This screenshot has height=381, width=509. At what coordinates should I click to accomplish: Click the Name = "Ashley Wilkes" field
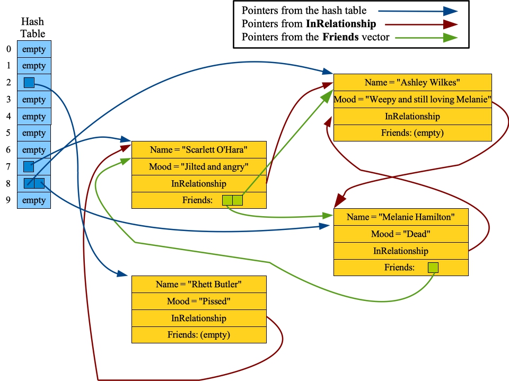pos(413,82)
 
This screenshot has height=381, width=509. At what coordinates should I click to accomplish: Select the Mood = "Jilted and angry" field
pos(199,166)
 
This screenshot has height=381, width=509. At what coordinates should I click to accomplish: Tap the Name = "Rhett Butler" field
pos(199,284)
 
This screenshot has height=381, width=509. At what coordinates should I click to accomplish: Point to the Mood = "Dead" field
pos(401,234)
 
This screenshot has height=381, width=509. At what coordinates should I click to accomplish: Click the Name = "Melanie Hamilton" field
pos(401,217)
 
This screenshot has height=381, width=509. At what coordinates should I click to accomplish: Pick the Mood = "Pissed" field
pos(199,301)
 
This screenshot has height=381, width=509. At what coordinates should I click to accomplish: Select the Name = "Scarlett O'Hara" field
pos(199,149)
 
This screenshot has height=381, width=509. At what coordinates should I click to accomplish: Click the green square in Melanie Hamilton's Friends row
pos(433,268)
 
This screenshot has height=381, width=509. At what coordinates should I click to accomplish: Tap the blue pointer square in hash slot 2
pos(29,83)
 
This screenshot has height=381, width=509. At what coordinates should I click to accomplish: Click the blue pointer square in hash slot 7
pos(29,166)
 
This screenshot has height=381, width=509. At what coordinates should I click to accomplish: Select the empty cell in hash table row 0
pos(34,49)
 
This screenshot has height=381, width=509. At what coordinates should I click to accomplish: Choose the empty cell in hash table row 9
pos(34,200)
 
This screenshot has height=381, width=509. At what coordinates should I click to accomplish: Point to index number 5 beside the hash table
pos(8,133)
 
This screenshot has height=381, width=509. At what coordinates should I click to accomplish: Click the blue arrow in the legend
pos(419,10)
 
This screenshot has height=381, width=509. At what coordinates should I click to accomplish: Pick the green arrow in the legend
pos(419,38)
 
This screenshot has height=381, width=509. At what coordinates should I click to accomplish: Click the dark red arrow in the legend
pos(419,24)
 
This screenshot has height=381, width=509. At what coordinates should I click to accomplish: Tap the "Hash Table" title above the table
pos(33,28)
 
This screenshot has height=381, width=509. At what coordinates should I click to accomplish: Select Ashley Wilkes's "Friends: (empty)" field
pos(413,133)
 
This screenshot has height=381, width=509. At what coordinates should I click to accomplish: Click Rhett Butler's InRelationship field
pos(199,318)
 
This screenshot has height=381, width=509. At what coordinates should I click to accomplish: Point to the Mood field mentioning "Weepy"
pos(413,99)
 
